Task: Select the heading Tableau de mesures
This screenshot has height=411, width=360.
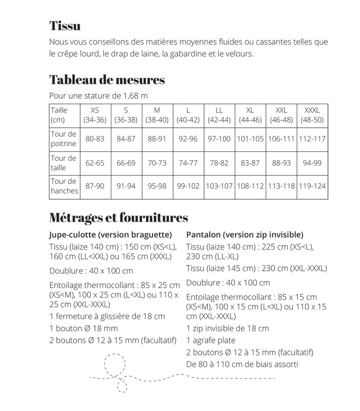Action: (x=107, y=80)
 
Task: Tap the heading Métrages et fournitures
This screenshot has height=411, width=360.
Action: (x=118, y=218)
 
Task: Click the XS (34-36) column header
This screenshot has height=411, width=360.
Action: (x=95, y=115)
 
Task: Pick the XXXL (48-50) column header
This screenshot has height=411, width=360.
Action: (x=312, y=115)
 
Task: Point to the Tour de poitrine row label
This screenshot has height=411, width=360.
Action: (x=63, y=139)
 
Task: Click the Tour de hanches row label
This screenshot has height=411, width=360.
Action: (x=64, y=186)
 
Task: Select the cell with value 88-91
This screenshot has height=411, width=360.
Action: (x=157, y=139)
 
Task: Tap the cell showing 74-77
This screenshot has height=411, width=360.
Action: (x=188, y=163)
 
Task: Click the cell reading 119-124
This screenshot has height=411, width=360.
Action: (x=312, y=186)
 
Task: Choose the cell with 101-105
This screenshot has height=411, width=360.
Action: (x=250, y=139)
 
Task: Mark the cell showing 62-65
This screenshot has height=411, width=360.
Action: (x=95, y=163)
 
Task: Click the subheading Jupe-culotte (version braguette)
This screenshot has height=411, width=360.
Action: (x=111, y=235)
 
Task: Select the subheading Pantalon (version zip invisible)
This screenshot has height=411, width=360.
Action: (x=245, y=235)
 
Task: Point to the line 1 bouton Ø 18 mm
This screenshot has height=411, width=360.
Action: (x=84, y=328)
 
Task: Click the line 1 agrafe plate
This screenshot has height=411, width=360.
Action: (x=211, y=340)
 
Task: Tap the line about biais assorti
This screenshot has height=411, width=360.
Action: (x=242, y=364)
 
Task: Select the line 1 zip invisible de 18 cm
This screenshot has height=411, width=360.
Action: (x=228, y=328)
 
